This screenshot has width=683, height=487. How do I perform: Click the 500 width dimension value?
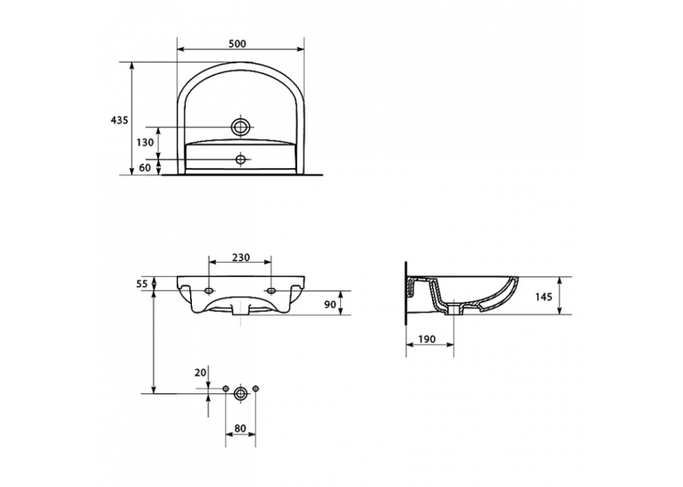[237, 44]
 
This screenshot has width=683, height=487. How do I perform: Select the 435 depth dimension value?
[119, 120]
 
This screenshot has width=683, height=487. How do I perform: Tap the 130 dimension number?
[145, 142]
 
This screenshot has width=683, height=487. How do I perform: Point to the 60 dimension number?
[145, 167]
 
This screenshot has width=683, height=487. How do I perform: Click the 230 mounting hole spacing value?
[240, 257]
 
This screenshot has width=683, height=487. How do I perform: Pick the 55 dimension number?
[142, 284]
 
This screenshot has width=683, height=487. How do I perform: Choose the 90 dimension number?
[330, 304]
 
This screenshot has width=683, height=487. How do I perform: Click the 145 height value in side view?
[543, 297]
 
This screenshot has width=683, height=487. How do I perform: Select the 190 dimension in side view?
[427, 340]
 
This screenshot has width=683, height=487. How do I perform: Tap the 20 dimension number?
[200, 373]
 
